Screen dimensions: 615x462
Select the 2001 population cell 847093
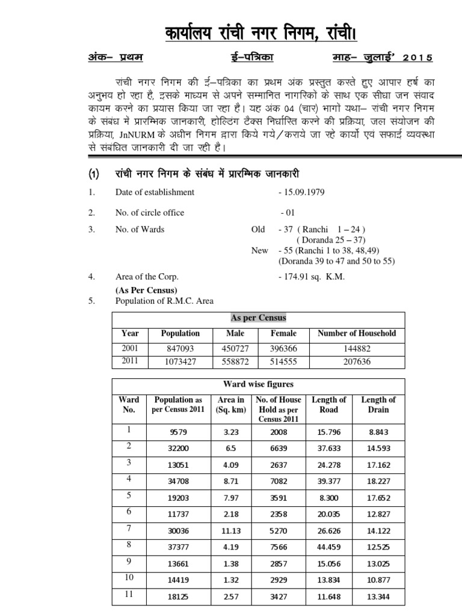click(180, 348)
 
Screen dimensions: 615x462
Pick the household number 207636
click(356, 362)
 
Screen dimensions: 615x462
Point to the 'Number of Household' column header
click(357, 333)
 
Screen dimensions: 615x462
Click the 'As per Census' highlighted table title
click(259, 318)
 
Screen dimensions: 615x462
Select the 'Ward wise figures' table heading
click(259, 384)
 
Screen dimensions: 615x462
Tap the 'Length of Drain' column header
click(378, 405)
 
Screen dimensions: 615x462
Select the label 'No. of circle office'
click(150, 213)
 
